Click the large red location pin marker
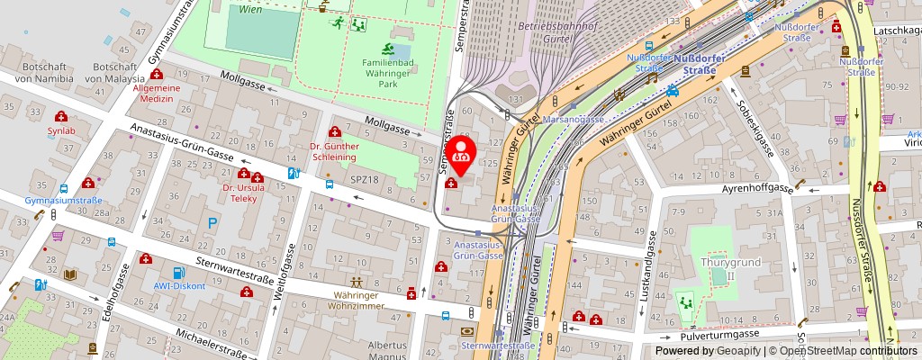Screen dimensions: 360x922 click(463, 152)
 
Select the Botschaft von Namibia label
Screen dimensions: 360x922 click(33, 73)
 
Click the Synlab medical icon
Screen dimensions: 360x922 click(61, 117)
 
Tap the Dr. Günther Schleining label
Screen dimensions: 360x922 click(334, 150)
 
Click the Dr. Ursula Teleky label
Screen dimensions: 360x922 click(240, 193)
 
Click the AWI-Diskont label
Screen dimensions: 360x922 click(178, 286)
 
